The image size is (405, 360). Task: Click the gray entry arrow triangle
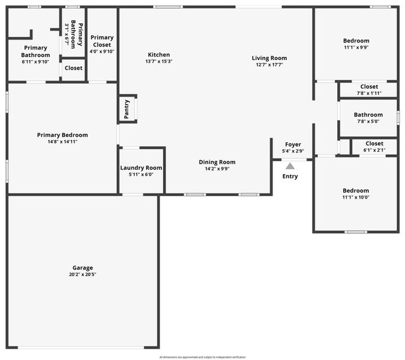290,166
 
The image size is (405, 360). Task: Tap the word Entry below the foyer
290,176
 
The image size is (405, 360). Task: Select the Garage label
83,268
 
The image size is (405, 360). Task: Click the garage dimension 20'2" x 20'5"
83,274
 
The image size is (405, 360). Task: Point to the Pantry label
127,109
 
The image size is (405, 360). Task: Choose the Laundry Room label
141,168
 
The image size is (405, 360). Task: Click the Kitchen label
158,55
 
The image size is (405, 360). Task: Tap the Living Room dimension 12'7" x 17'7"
269,65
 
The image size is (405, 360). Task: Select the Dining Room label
217,162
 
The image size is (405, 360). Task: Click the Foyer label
293,145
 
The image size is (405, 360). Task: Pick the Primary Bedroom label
62,135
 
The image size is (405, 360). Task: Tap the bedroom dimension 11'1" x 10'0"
356,197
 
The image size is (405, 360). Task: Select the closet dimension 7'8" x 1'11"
368,93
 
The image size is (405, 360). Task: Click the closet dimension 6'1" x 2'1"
374,150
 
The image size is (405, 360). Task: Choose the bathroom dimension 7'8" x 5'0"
368,121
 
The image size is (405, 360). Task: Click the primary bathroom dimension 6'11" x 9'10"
35,61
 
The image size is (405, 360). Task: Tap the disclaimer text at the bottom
202,357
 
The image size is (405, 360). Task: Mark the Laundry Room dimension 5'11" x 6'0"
141,175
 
